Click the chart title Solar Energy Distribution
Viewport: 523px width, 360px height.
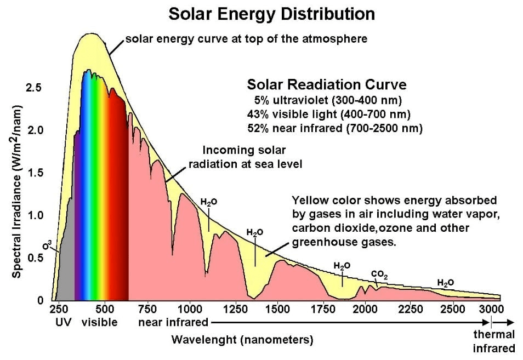pyautogui.click(x=272, y=14)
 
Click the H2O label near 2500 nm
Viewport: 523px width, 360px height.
pyautogui.click(x=445, y=283)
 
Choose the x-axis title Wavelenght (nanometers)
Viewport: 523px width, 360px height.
pyautogui.click(x=242, y=340)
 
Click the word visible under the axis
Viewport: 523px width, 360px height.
pyautogui.click(x=99, y=322)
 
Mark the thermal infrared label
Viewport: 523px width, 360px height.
pyautogui.click(x=494, y=341)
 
